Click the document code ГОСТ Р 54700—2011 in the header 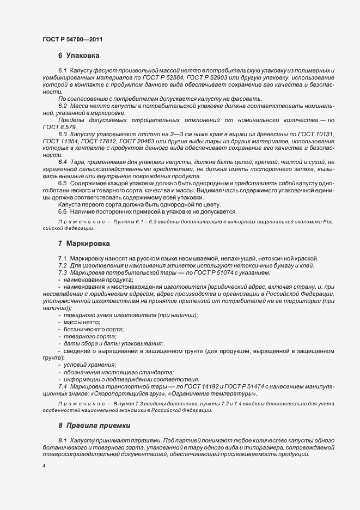72,40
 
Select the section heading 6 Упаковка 78,56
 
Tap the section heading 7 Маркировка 85,243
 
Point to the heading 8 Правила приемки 95,424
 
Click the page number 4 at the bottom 44,467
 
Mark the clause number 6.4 62,162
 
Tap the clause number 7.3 62,272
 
